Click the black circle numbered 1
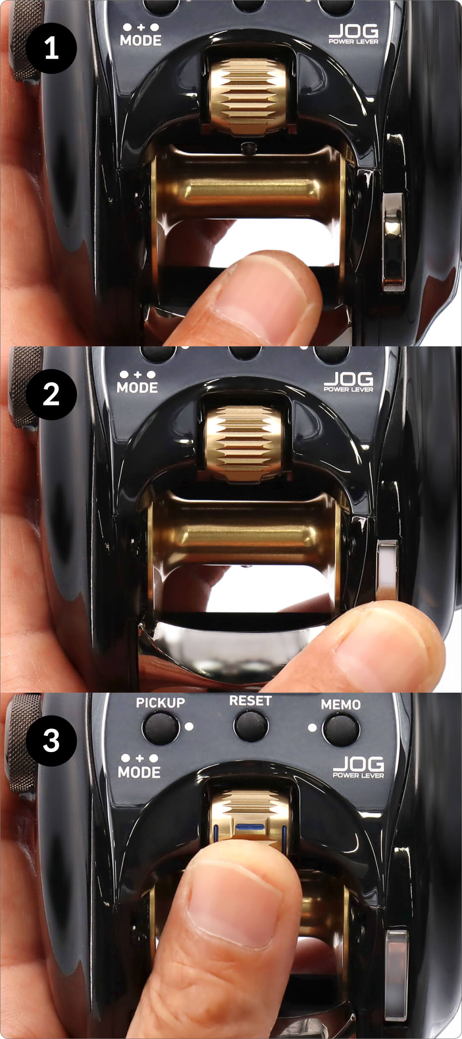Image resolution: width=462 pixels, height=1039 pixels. (x=51, y=48)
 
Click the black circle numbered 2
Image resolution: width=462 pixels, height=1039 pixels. (x=51, y=394)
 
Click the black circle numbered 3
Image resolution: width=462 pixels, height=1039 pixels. (x=51, y=741)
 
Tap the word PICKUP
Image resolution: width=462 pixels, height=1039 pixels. (x=160, y=703)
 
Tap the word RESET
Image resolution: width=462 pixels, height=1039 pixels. (x=250, y=701)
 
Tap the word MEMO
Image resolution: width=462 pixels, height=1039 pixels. (x=341, y=704)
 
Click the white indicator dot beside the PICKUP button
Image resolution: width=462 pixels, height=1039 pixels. (x=189, y=726)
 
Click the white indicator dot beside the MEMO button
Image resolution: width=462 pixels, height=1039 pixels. (x=313, y=727)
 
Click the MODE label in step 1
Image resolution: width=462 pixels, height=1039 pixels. (x=141, y=40)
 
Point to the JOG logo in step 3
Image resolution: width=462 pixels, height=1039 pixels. (x=358, y=764)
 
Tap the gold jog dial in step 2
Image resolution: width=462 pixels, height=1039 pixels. (x=243, y=442)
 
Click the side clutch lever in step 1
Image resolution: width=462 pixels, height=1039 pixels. (x=394, y=242)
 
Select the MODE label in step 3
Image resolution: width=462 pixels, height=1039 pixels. (x=139, y=772)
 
